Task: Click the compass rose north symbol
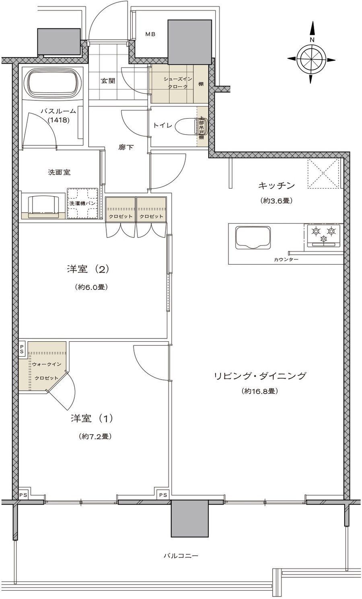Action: pyautogui.click(x=312, y=59)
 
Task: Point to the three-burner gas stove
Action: pyautogui.click(x=323, y=235)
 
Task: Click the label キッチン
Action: pyautogui.click(x=276, y=186)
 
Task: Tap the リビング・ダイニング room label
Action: pyautogui.click(x=260, y=376)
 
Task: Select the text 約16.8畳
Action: pyautogui.click(x=260, y=391)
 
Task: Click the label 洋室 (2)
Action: pyautogui.click(x=88, y=269)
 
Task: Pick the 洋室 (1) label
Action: pyautogui.click(x=92, y=418)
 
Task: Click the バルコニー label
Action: pyautogui.click(x=181, y=556)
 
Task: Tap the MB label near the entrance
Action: pyautogui.click(x=150, y=35)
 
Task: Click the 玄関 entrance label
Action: pyautogui.click(x=108, y=81)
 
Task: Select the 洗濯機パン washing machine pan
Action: pyautogui.click(x=83, y=203)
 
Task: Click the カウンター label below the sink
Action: pyautogui.click(x=286, y=260)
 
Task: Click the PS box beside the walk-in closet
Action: pyautogui.click(x=23, y=348)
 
